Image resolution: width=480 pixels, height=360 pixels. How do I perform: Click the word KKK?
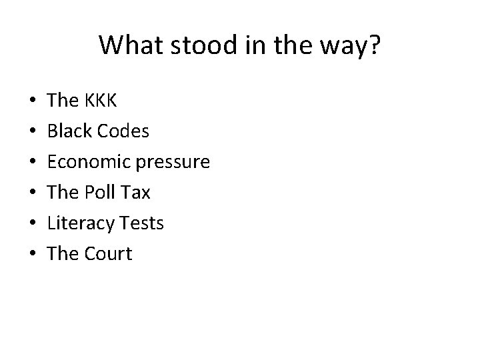pyautogui.click(x=101, y=101)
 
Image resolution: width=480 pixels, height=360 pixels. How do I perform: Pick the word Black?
pyautogui.click(x=69, y=131)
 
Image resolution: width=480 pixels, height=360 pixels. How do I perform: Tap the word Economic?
pyautogui.click(x=88, y=162)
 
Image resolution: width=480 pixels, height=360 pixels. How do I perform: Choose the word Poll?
pyautogui.click(x=100, y=193)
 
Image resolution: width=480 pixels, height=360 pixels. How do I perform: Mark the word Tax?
pyautogui.click(x=137, y=193)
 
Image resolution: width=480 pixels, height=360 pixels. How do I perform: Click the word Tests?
pyautogui.click(x=141, y=223)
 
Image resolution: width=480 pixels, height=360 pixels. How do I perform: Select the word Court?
pyautogui.click(x=108, y=254)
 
